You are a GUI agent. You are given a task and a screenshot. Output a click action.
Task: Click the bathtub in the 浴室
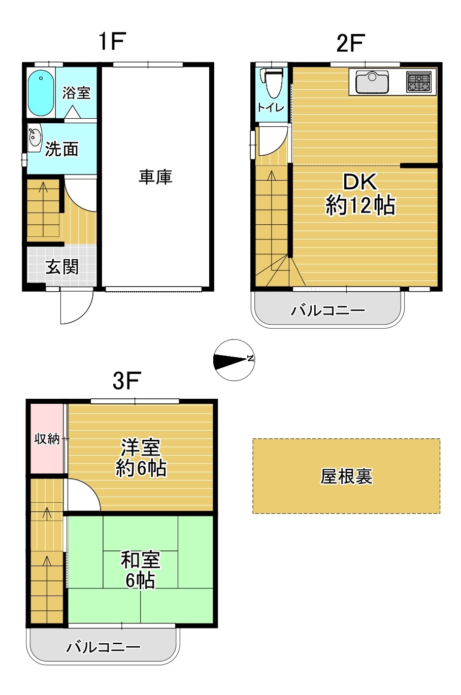pos(41,93)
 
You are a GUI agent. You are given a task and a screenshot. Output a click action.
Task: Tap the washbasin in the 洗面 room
pos(34,138)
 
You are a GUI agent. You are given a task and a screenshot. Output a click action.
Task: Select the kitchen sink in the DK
pos(372,82)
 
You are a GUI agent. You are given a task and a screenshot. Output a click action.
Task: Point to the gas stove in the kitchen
pos(418,82)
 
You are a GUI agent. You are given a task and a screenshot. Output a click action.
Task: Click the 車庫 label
pos(155,177)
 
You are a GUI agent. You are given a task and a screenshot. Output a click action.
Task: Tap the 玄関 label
pos(62,266)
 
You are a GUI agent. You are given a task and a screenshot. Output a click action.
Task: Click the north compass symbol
pos(235,360)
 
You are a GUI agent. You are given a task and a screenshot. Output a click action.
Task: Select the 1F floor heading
pos(112,41)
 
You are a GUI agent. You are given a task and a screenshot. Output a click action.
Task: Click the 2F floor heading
pos(350,43)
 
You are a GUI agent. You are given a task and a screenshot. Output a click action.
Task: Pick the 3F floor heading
pos(127,380)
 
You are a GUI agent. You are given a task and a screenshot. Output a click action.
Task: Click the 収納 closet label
pos(47,439)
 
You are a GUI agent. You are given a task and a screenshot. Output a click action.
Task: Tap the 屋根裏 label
pos(346,476)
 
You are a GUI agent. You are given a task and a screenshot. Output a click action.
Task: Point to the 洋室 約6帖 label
pos(141,458)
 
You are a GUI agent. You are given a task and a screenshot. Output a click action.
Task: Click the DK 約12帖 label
pos(360,194)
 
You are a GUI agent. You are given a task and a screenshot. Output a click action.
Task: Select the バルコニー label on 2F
pos(328,310)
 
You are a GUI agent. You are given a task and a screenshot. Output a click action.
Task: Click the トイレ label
pos(271,108)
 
